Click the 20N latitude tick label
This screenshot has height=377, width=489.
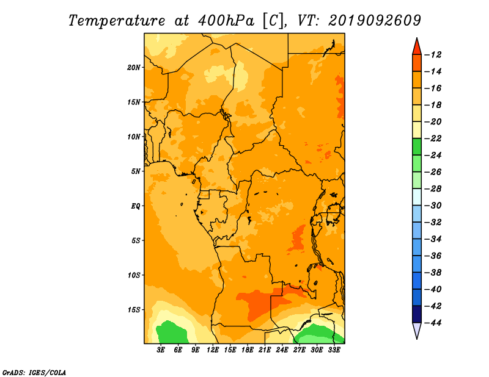(x=134, y=68)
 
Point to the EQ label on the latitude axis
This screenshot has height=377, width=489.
(x=136, y=206)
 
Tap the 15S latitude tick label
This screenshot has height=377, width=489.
(x=134, y=310)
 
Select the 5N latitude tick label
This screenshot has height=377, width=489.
(x=136, y=171)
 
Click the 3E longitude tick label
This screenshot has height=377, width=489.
(x=161, y=350)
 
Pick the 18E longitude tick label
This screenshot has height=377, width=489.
(x=248, y=350)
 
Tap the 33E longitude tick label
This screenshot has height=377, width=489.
(x=334, y=350)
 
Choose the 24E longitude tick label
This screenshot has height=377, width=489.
(x=282, y=350)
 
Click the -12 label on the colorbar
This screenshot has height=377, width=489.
(x=433, y=55)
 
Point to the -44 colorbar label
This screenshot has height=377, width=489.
(x=433, y=323)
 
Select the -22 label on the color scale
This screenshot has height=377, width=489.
(x=433, y=138)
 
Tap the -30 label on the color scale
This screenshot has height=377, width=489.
(x=433, y=206)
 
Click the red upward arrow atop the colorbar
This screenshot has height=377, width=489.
(x=417, y=48)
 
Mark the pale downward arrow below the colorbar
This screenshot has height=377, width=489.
(x=417, y=329)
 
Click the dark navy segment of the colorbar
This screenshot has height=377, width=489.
(x=417, y=314)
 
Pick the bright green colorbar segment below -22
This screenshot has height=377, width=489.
(x=417, y=147)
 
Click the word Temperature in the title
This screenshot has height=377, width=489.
(x=117, y=21)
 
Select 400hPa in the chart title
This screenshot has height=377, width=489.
(x=226, y=21)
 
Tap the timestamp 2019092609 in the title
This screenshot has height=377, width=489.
(x=375, y=21)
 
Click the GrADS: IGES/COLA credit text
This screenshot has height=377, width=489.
(x=34, y=372)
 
